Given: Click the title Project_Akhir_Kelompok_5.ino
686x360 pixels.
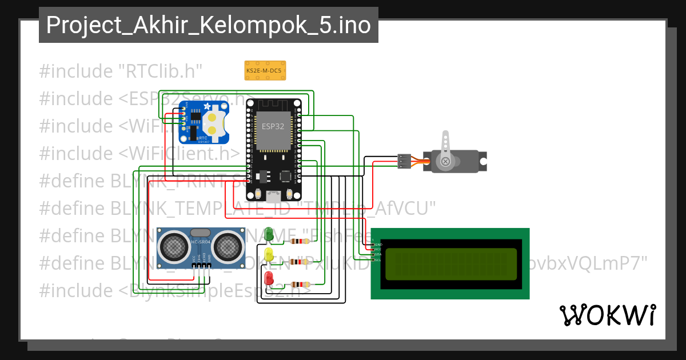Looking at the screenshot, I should (x=208, y=25).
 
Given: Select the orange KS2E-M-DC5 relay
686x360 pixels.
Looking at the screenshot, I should (x=265, y=70).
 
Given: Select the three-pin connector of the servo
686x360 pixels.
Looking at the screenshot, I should (x=404, y=161).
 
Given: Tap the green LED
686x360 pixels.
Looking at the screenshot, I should (x=268, y=235).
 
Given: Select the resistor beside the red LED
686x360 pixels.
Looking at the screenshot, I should (x=300, y=285).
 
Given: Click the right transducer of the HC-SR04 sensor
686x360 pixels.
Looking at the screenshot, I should (x=227, y=245).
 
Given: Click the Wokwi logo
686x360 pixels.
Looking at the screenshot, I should (x=607, y=315).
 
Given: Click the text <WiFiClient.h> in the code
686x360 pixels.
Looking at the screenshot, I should (x=179, y=153).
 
